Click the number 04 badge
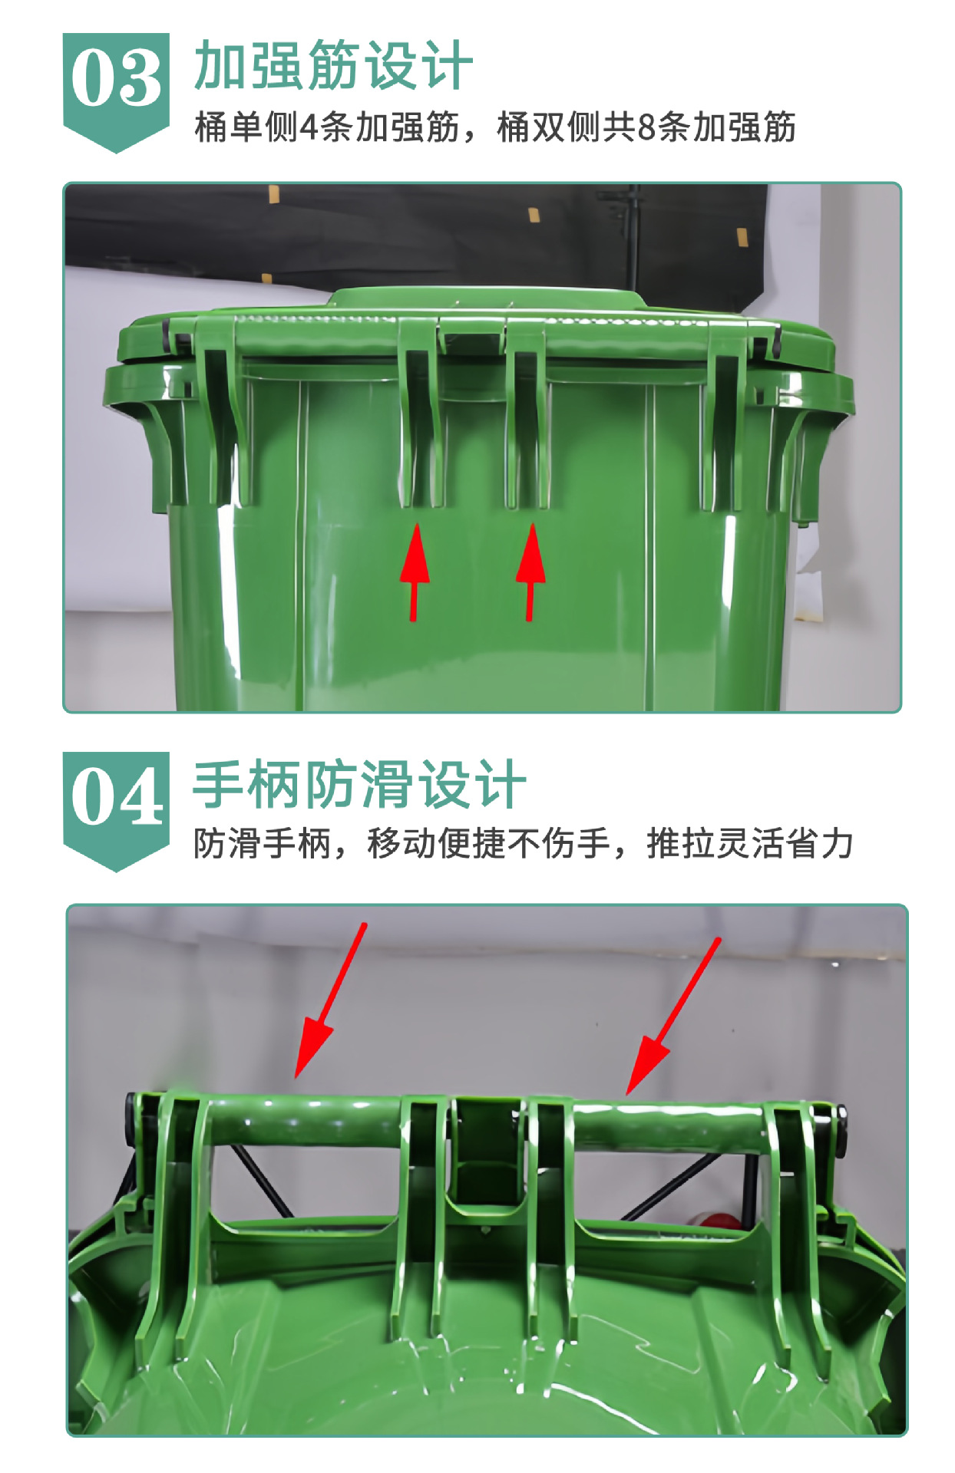coord(116,799)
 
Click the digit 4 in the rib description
coord(308,127)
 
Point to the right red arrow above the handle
coord(671,1020)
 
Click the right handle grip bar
coord(668,1128)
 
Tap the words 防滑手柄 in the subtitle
coord(261,843)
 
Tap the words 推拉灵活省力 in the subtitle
coord(750,843)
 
